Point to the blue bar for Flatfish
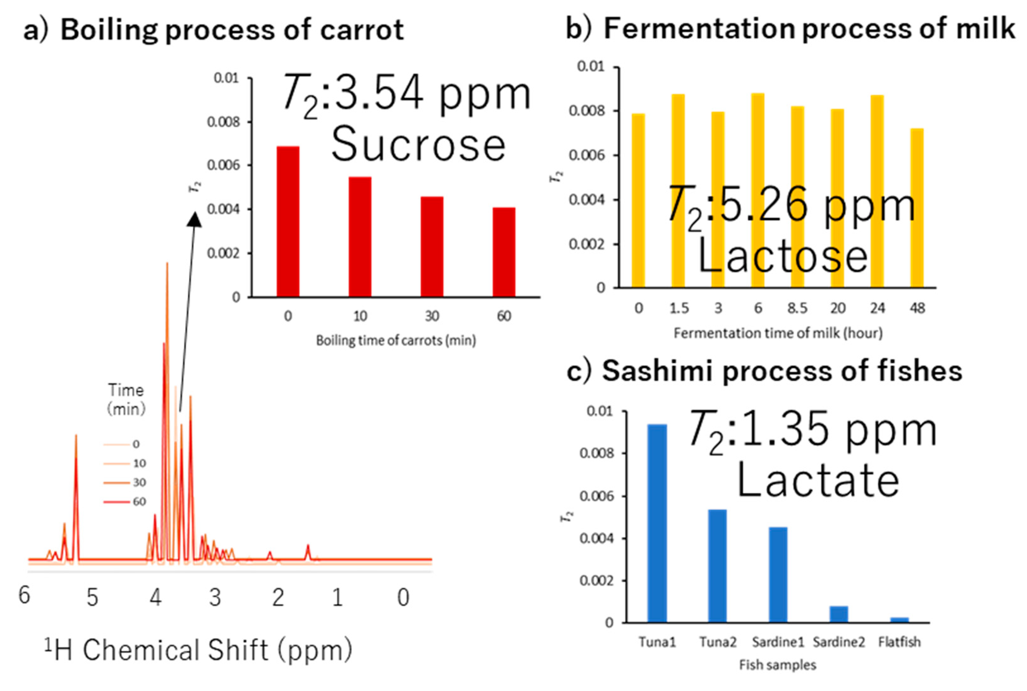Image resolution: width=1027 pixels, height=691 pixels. coord(899,620)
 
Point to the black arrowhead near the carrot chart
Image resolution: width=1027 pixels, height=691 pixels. coord(194,219)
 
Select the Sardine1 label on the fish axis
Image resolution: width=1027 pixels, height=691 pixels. coord(778,642)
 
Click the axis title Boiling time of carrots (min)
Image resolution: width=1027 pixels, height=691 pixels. coord(396,340)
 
